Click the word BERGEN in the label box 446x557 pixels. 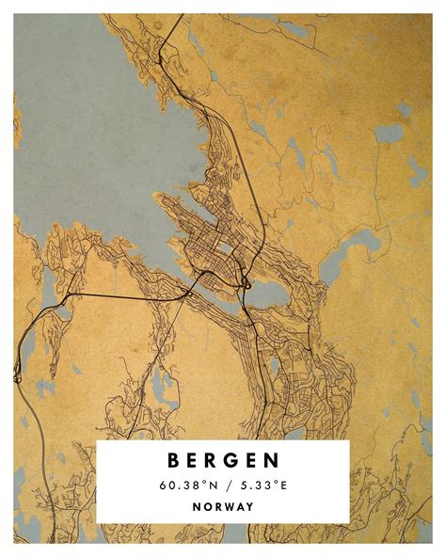(223, 461)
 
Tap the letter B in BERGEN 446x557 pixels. (174, 461)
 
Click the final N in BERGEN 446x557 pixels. (272, 461)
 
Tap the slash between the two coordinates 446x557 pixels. (224, 485)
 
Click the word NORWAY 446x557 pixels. (223, 506)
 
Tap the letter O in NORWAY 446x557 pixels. (205, 506)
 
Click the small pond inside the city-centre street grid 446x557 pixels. (226, 249)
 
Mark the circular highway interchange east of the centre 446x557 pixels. (244, 280)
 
